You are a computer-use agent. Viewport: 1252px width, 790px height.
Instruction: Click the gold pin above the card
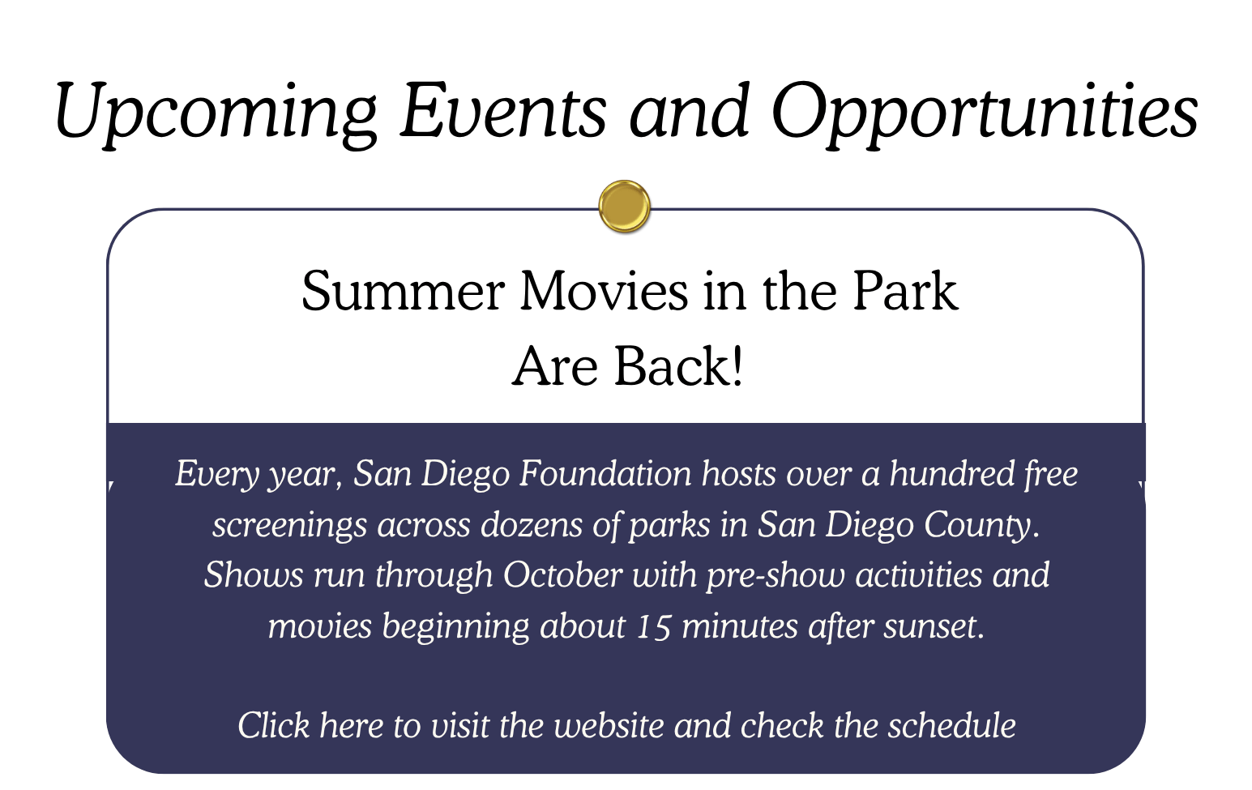click(x=624, y=206)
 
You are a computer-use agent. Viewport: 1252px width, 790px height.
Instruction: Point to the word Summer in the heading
click(x=404, y=292)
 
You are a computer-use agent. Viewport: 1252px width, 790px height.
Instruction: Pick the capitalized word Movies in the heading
click(x=605, y=292)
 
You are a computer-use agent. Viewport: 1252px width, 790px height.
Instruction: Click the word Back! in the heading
click(x=678, y=365)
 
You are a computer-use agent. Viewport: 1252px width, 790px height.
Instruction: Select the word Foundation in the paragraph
click(x=605, y=473)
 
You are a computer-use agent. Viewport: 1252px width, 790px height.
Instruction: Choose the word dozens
click(x=532, y=524)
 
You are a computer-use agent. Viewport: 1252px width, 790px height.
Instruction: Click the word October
click(x=563, y=575)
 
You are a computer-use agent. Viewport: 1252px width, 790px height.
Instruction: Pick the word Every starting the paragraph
click(x=217, y=475)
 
